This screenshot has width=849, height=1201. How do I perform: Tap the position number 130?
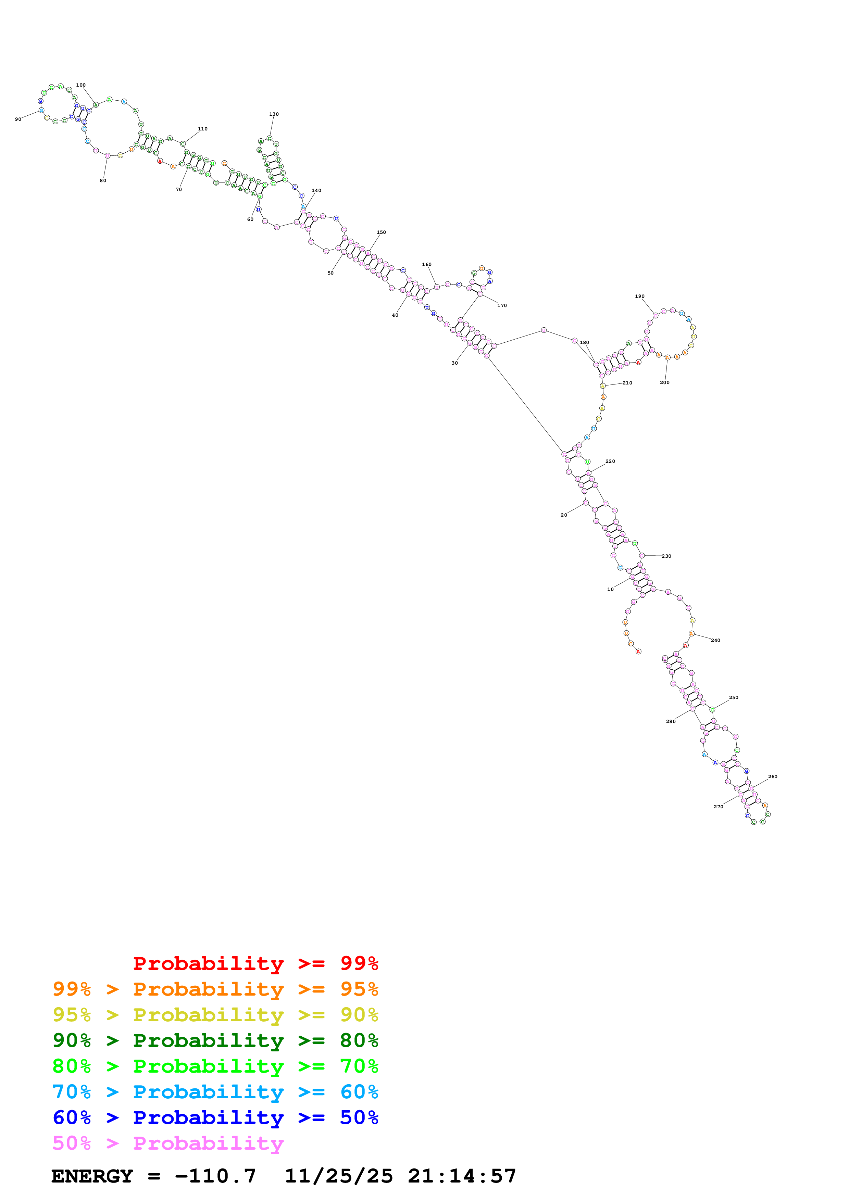pyautogui.click(x=274, y=114)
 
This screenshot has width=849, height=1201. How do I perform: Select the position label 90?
pyautogui.click(x=18, y=119)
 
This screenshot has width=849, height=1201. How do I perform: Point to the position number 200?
pyautogui.click(x=664, y=382)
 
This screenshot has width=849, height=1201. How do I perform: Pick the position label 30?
pyautogui.click(x=454, y=363)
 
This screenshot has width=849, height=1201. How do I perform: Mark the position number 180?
pyautogui.click(x=584, y=343)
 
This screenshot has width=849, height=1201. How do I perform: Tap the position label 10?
pyautogui.click(x=610, y=589)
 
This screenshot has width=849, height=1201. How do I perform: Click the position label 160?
pyautogui.click(x=427, y=265)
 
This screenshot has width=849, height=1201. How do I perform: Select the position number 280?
pyautogui.click(x=671, y=721)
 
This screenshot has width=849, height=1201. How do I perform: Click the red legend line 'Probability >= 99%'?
pyautogui.click(x=255, y=963)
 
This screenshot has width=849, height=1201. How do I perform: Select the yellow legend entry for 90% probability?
pyautogui.click(x=215, y=1015)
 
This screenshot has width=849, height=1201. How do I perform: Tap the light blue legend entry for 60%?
pyautogui.click(x=215, y=1092)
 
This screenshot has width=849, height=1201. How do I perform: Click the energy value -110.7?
pyautogui.click(x=215, y=1176)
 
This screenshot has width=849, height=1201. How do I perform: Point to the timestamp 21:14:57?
pyautogui.click(x=462, y=1176)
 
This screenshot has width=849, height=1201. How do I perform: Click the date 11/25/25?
pyautogui.click(x=338, y=1176)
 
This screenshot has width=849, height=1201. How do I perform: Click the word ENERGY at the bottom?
pyautogui.click(x=92, y=1176)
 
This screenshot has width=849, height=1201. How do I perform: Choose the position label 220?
pyautogui.click(x=610, y=462)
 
